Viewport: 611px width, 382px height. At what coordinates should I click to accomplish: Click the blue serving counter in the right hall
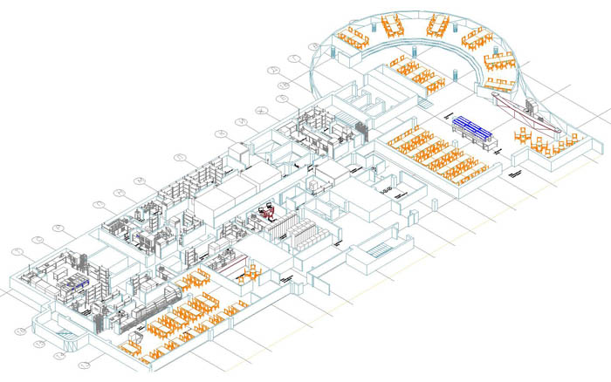pos(472,130)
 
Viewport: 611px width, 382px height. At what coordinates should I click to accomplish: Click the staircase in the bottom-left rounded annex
pos(64,335)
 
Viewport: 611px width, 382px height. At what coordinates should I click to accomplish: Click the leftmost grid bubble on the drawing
pos(14,251)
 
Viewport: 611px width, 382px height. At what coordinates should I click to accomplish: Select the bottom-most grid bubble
pos(85,365)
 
